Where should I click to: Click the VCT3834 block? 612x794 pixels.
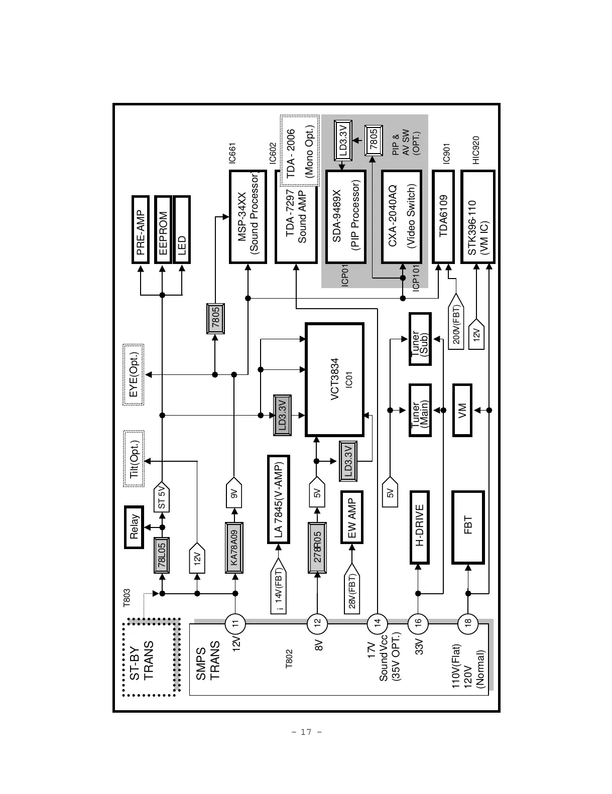[335, 379]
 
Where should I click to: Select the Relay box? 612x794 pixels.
[134, 527]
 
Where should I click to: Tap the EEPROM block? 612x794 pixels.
[163, 229]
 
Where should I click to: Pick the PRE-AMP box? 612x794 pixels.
[141, 229]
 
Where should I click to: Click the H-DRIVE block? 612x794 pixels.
[419, 527]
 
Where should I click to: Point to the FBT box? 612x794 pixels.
[468, 527]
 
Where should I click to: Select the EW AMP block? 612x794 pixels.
[352, 517]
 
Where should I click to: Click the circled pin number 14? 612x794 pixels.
[378, 623]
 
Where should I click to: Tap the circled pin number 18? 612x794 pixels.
[468, 623]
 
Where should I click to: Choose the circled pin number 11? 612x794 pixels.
[235, 623]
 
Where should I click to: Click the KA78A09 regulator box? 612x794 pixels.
[234, 548]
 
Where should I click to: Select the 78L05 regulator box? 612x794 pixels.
[162, 555]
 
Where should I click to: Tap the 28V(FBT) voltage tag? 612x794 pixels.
[352, 588]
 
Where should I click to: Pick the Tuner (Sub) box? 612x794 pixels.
[420, 339]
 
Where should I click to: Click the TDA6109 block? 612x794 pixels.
[443, 216]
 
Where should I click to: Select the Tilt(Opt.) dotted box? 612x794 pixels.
[134, 459]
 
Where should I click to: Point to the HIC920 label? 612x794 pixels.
[476, 150]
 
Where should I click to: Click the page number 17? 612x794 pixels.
[306, 732]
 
